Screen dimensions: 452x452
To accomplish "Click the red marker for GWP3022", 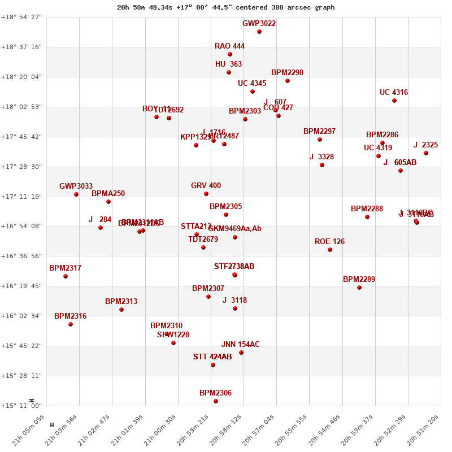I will click(259, 32).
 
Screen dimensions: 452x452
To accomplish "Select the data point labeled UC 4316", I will click(394, 101).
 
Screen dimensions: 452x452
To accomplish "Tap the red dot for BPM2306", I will click(216, 401).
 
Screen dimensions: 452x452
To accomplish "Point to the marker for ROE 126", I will click(330, 250).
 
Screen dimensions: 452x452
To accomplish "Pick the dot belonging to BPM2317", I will click(66, 276).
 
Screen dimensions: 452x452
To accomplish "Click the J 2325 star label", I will click(425, 145).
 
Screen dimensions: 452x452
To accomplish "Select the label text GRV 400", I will click(206, 186).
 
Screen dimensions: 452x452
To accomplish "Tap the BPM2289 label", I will click(359, 280).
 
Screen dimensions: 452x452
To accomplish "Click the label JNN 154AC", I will click(241, 345).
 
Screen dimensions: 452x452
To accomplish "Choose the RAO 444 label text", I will click(229, 46).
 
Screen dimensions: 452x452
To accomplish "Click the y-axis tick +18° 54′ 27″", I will click(21, 17).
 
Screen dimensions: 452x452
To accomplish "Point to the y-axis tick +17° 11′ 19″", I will click(21, 197).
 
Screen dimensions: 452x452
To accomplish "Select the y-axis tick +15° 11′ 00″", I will click(21, 406).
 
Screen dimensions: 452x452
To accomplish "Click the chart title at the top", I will click(226, 7).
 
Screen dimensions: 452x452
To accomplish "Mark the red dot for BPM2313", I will click(121, 310).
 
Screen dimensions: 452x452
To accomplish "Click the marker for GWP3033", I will click(76, 194).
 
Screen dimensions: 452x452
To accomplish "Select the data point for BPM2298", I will click(288, 81).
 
